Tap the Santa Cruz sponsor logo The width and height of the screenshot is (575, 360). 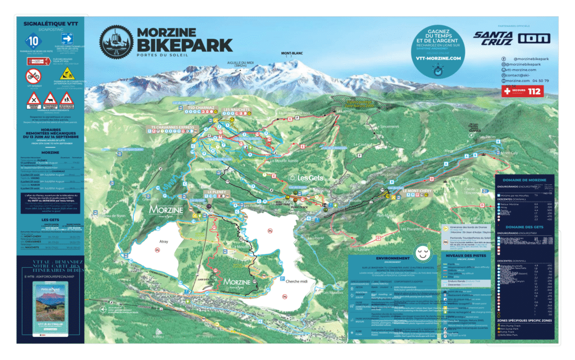click(492, 38)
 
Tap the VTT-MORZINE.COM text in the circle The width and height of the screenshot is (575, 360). click(438, 58)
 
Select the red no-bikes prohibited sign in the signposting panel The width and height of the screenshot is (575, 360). click(34, 76)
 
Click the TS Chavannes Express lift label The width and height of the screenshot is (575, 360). click(174, 127)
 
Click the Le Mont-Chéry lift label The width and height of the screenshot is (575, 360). click(418, 191)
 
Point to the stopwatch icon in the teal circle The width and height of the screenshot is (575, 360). click(438, 71)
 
